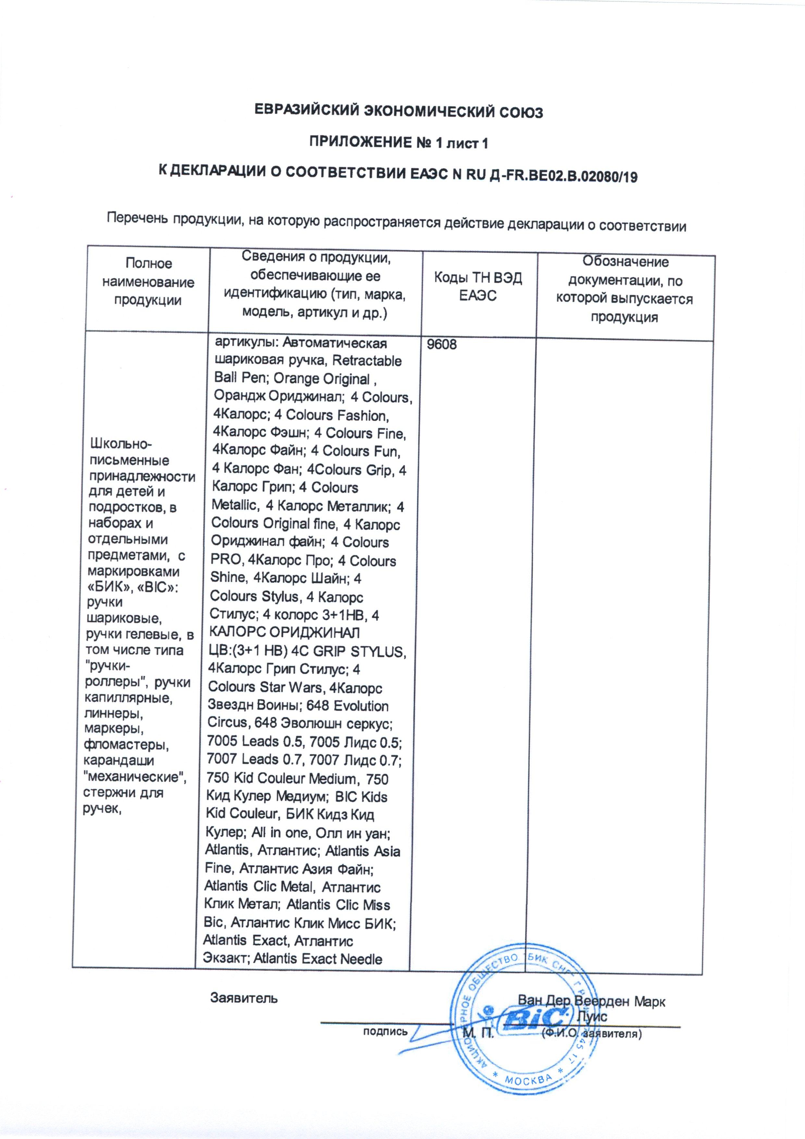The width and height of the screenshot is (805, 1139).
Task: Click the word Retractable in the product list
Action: [x=367, y=361]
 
